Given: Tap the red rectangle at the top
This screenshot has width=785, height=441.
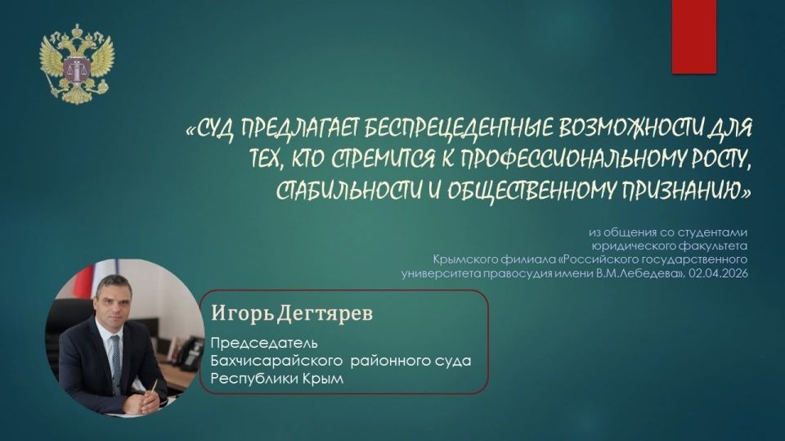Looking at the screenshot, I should (693, 36).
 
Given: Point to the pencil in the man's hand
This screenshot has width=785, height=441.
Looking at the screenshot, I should (152, 387).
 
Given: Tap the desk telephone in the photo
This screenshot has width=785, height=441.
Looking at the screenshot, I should (188, 353).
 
